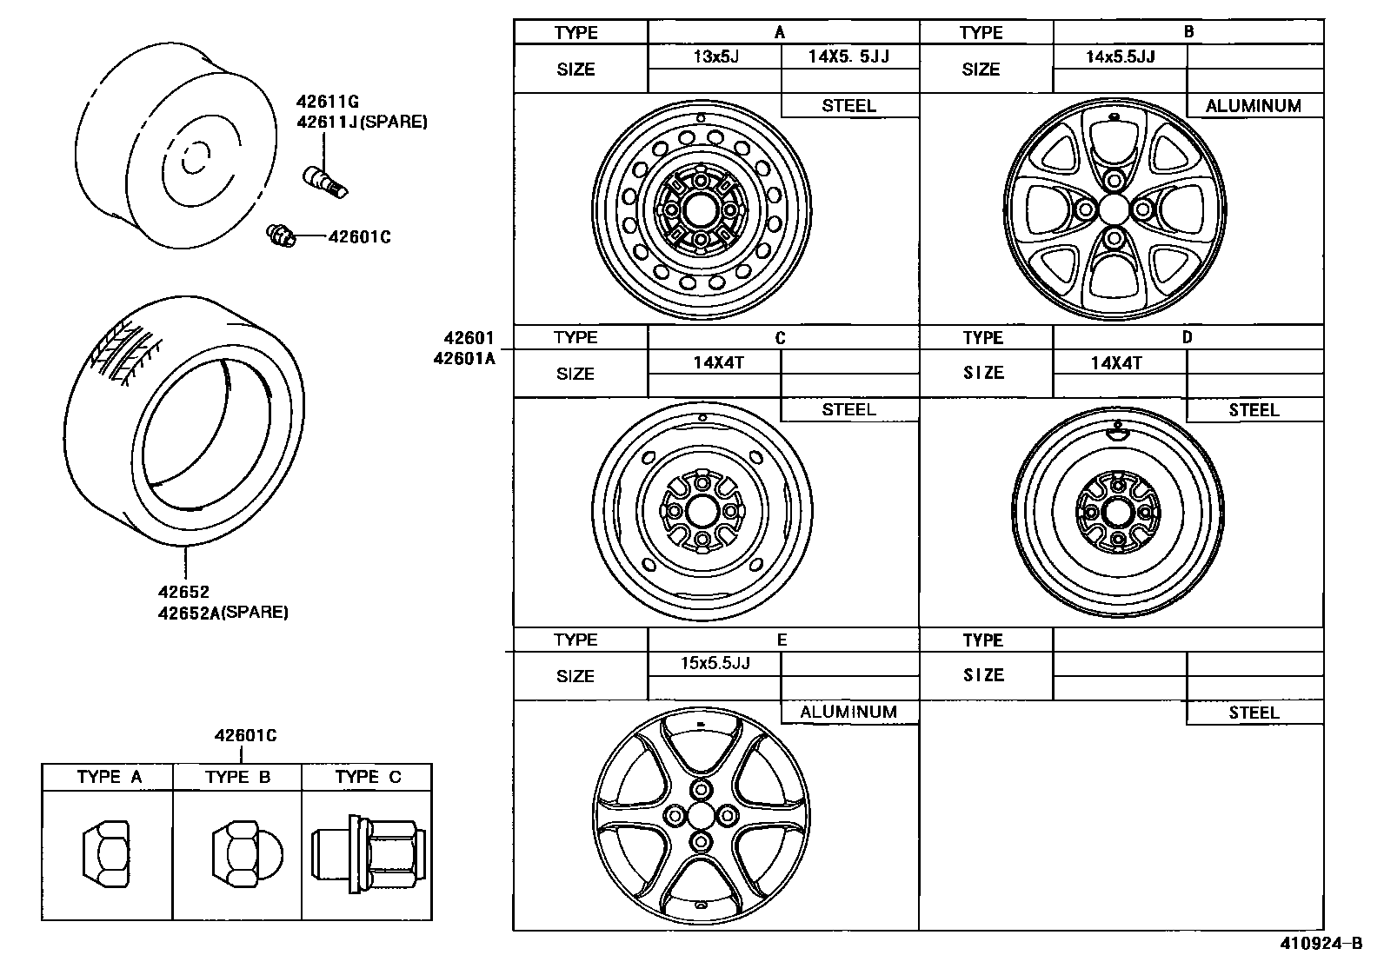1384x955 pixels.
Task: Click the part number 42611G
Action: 327,102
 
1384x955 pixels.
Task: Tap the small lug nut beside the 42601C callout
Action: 281,235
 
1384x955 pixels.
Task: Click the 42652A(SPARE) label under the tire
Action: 223,613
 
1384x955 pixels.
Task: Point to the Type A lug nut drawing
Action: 106,854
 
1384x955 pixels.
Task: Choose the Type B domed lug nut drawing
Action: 247,855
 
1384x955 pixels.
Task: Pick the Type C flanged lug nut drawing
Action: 369,853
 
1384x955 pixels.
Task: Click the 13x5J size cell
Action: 715,56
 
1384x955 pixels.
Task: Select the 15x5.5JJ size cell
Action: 715,663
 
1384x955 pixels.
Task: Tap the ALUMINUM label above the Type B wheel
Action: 1253,106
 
